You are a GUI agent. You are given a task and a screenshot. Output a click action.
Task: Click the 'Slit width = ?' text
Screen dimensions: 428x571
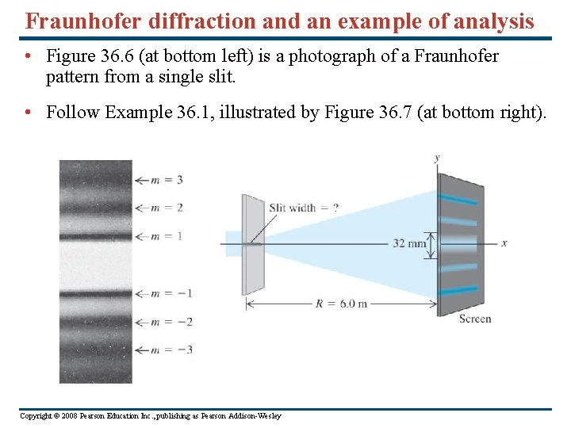point(303,208)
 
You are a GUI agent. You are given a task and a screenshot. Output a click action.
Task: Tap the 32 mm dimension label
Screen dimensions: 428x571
point(408,243)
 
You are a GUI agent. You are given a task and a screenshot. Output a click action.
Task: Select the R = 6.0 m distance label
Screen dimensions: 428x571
point(341,304)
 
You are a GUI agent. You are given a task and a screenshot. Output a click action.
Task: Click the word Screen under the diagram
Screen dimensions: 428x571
point(475,319)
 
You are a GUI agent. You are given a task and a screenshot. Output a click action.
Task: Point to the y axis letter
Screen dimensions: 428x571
point(437,158)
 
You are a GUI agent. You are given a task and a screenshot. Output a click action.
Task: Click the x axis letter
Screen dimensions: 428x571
point(504,243)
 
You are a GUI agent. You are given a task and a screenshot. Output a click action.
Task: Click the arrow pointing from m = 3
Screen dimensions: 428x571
point(142,180)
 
